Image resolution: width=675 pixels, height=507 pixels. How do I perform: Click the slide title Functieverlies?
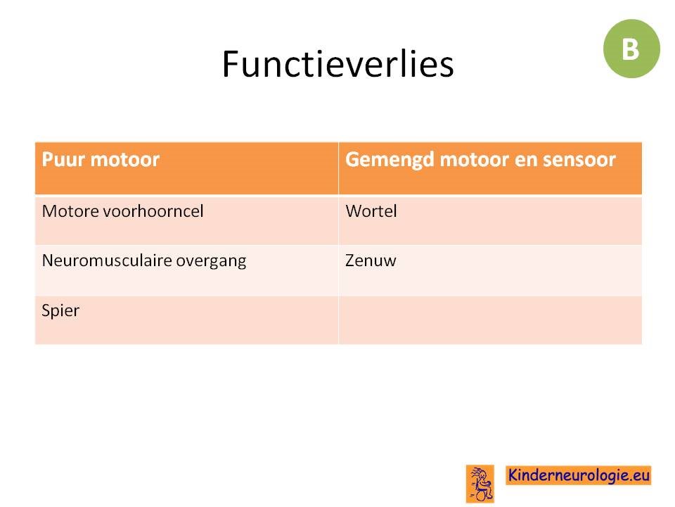tap(337, 64)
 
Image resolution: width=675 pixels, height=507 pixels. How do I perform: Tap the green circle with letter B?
tap(631, 49)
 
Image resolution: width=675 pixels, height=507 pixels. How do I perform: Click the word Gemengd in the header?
tap(390, 160)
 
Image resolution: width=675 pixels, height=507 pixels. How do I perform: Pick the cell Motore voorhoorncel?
tap(187, 220)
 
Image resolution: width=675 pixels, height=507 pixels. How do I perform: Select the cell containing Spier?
tap(187, 320)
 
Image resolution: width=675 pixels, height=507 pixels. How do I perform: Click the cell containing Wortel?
tap(490, 220)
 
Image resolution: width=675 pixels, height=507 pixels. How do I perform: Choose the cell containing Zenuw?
tap(490, 270)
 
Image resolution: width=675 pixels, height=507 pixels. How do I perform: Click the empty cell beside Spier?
tap(490, 320)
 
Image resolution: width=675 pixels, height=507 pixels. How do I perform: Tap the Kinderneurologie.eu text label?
tap(578, 475)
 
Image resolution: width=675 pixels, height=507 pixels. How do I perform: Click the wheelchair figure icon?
tap(480, 484)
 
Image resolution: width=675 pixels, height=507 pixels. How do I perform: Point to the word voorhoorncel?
tap(153, 211)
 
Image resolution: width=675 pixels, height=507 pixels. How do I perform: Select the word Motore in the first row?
tap(70, 211)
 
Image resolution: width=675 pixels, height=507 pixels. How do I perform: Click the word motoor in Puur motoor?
tap(125, 160)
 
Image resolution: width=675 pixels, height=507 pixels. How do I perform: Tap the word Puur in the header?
tap(63, 160)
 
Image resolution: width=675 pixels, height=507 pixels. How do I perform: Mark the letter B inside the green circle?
tap(631, 49)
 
